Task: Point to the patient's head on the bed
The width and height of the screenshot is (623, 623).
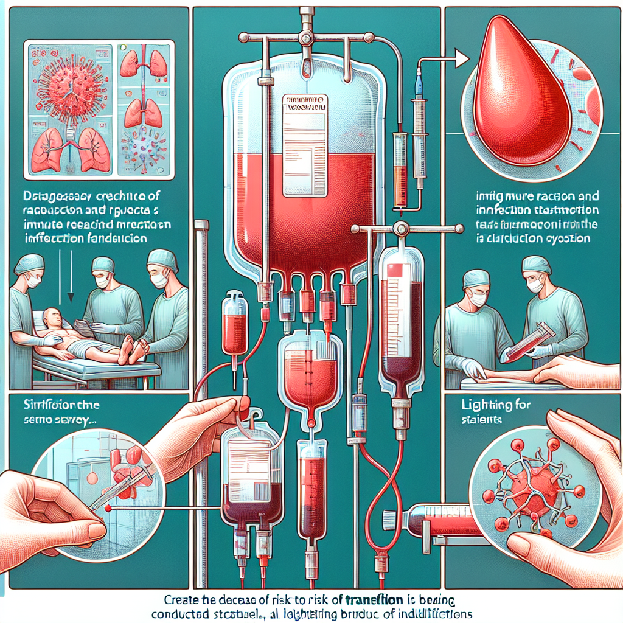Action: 53,319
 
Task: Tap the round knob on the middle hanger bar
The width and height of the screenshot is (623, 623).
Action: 400,229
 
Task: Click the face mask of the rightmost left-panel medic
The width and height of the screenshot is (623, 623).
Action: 159,281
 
